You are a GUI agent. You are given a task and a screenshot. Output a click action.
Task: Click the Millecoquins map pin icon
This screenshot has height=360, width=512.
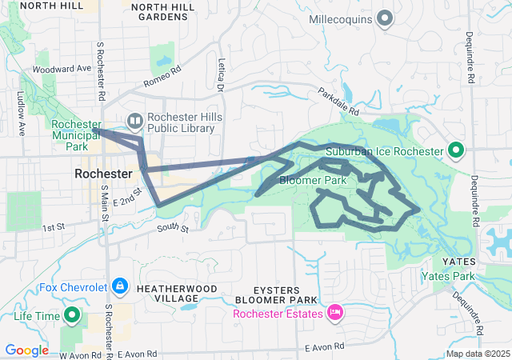click(x=385, y=17)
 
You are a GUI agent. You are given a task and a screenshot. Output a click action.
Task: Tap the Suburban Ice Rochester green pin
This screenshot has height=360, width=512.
click(x=455, y=150)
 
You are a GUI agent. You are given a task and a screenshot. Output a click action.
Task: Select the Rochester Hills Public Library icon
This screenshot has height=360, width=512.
click(x=134, y=122)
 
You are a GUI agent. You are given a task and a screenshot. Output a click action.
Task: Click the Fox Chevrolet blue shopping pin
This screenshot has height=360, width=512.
click(x=119, y=285)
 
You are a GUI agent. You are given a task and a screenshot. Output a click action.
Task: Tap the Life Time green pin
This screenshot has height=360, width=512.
click(x=71, y=315)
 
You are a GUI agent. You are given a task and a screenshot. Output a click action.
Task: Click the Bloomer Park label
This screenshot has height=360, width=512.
click(x=313, y=181)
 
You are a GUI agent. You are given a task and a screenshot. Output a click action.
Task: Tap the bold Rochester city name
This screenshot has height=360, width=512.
click(x=103, y=173)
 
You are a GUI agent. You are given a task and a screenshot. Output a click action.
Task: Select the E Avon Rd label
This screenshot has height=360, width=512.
click(x=325, y=346)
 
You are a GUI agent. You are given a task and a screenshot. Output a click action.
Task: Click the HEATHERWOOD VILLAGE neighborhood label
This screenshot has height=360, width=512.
click(x=174, y=292)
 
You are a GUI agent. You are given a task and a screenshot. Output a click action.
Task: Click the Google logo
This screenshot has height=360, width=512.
click(x=27, y=350)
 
